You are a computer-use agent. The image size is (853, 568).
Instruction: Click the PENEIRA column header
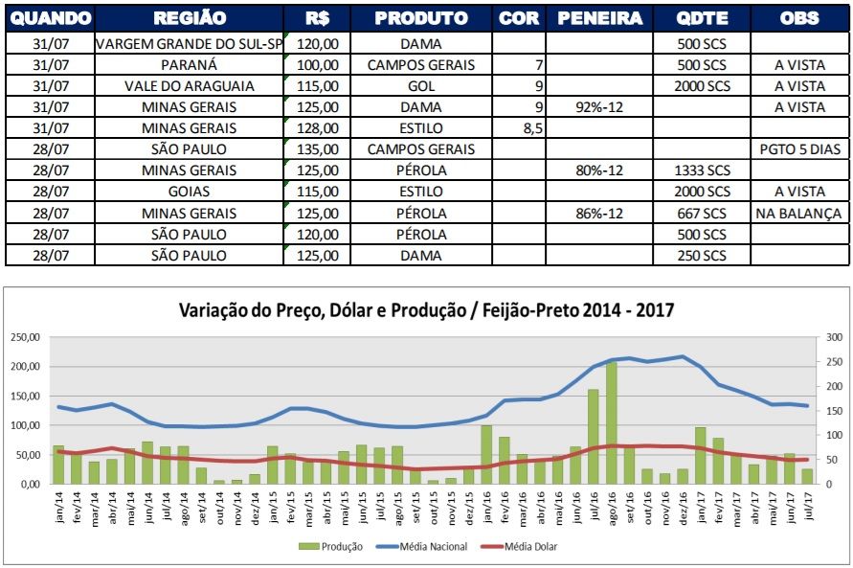click(599, 18)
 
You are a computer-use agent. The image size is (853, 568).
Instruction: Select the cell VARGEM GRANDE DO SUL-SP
click(190, 44)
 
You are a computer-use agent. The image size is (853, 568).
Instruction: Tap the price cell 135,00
click(320, 148)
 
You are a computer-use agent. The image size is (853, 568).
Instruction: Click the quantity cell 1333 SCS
click(702, 170)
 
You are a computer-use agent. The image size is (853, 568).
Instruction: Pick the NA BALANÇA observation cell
click(798, 213)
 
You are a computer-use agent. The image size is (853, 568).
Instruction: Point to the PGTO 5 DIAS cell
click(798, 148)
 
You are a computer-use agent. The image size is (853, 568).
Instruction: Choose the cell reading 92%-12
click(599, 107)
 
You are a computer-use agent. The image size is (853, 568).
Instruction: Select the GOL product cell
click(421, 86)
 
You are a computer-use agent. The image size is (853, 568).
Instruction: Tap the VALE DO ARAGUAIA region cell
click(190, 86)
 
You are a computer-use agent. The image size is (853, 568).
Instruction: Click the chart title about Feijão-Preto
click(426, 310)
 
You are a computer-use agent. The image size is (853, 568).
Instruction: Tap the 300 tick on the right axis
click(833, 338)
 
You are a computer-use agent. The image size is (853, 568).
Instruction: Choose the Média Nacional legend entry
click(431, 547)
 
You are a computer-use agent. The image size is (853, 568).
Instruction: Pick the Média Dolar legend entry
click(528, 547)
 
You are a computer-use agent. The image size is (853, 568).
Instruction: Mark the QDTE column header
click(702, 18)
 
